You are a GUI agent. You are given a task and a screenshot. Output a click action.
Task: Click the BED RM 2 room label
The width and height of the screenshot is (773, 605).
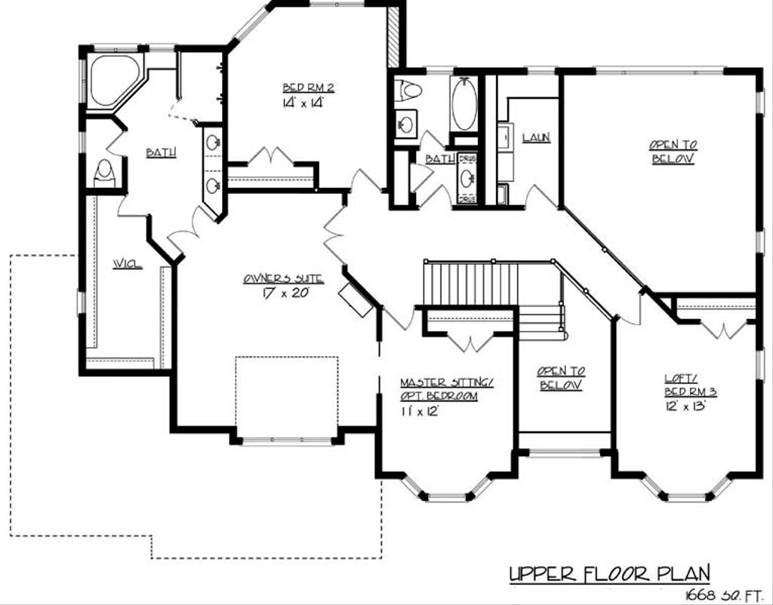click(x=308, y=88)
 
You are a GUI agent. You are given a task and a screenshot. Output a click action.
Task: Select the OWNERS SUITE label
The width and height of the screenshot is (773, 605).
click(x=283, y=278)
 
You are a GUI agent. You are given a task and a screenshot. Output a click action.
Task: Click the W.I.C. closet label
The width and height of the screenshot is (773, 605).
click(x=128, y=263)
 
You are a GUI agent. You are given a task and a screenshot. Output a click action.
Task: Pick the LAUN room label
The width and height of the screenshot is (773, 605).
click(x=535, y=137)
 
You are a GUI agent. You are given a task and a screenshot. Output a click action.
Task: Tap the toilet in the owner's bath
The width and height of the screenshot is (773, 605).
click(x=104, y=173)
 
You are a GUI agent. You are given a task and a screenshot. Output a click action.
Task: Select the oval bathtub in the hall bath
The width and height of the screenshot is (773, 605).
click(x=463, y=103)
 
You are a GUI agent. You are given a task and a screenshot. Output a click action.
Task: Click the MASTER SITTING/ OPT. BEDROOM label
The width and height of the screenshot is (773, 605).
click(x=446, y=389)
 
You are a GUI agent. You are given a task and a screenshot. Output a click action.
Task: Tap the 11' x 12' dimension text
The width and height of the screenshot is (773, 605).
click(x=419, y=411)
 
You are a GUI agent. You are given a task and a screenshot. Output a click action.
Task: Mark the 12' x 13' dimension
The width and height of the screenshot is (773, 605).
click(x=685, y=406)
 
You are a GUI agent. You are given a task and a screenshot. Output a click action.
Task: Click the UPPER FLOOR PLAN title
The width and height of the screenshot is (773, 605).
click(x=609, y=574)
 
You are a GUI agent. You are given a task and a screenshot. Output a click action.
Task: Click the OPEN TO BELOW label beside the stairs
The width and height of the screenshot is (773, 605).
click(x=561, y=378)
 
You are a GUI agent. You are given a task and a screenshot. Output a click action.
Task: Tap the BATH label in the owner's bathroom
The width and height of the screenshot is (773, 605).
click(x=161, y=153)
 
